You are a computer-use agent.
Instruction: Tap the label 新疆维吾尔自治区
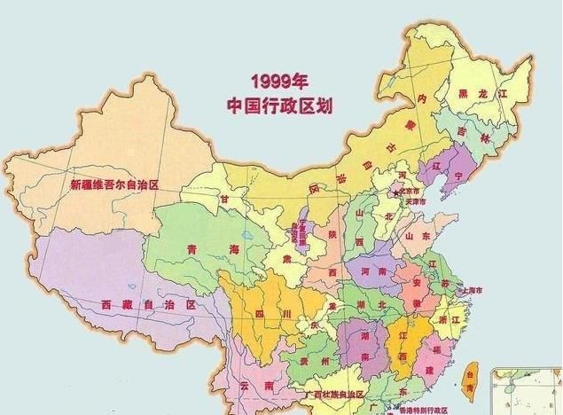[114, 185]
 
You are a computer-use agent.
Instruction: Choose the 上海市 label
[471, 290]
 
